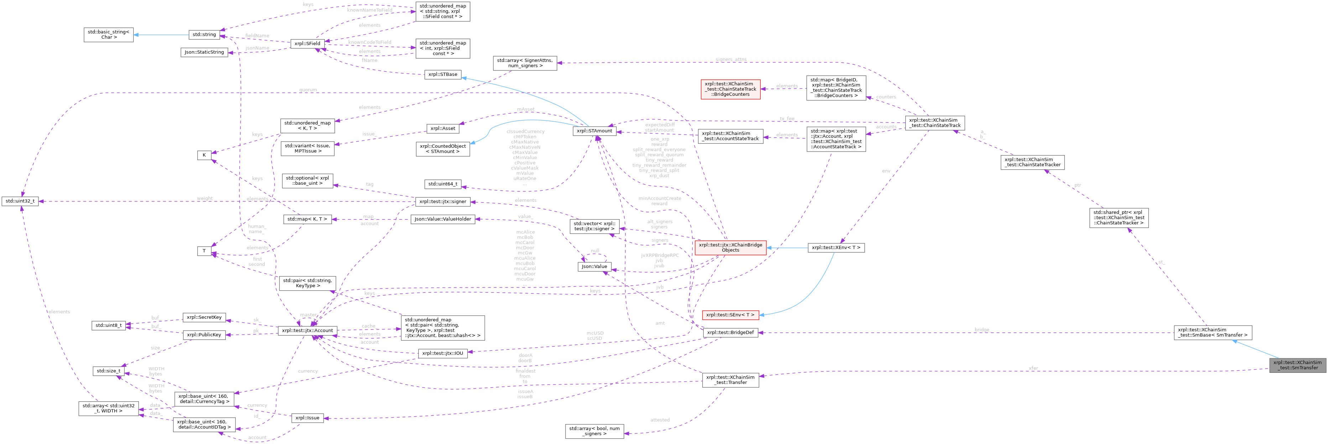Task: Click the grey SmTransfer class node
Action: pos(1297,365)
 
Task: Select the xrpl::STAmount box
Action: pos(594,131)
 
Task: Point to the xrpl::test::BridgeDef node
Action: pos(730,332)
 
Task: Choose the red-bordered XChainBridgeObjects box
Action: pos(730,248)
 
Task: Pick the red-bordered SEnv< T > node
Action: pos(730,315)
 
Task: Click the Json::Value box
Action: pos(594,266)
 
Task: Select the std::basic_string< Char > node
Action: pos(109,35)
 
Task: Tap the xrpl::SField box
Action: pos(307,44)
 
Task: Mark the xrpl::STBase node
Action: pos(442,74)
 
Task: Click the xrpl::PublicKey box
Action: pos(204,335)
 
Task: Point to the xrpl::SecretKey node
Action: pos(204,317)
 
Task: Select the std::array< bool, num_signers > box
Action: pos(594,430)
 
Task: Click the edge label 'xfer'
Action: pos(1033,368)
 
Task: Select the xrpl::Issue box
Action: pos(308,418)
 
